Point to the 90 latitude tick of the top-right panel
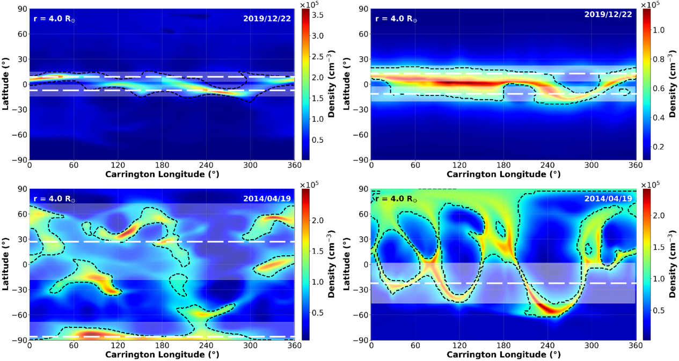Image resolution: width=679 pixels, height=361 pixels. (363, 9)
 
